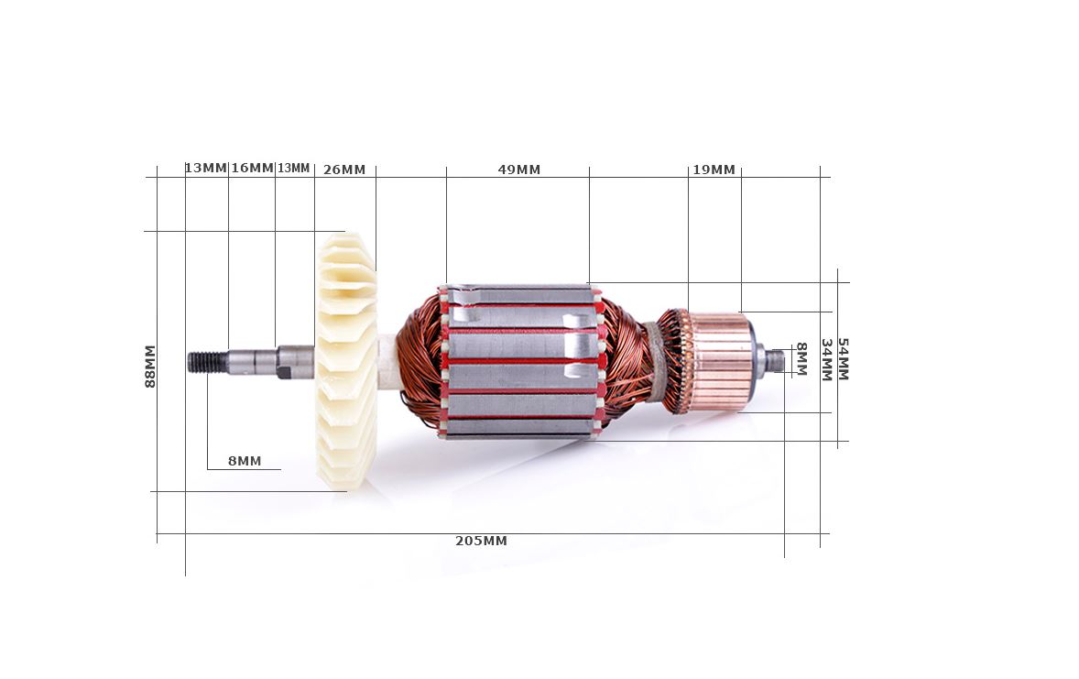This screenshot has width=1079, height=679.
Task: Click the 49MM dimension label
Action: (518, 170)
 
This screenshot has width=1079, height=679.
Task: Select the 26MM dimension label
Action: (344, 170)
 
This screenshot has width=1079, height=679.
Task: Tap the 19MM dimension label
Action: (714, 170)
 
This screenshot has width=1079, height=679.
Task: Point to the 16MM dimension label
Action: (252, 168)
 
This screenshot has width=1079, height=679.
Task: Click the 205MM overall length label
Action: (481, 541)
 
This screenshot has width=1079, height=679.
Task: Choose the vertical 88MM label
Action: (150, 367)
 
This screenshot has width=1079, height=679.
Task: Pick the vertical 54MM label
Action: (843, 359)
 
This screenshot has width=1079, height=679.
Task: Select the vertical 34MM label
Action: (826, 359)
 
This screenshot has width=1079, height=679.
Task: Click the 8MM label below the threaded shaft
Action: (245, 461)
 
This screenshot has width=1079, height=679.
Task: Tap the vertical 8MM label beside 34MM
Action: (801, 359)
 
